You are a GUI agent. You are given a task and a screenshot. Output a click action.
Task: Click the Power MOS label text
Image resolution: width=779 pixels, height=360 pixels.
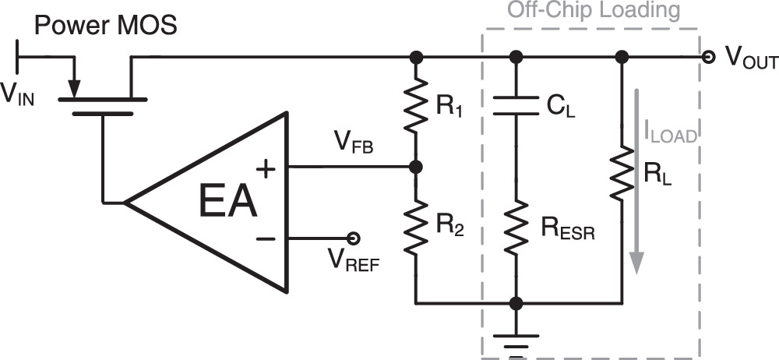click(x=106, y=26)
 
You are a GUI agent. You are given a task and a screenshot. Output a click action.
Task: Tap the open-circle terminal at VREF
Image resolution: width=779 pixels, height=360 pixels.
click(x=353, y=238)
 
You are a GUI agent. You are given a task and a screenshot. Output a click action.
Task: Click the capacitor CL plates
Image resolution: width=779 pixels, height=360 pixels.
click(x=515, y=105)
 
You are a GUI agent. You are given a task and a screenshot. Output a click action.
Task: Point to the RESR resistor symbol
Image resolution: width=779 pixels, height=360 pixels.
click(x=515, y=226)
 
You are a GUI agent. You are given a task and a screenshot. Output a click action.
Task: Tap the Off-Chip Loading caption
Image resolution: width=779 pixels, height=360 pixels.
click(x=594, y=11)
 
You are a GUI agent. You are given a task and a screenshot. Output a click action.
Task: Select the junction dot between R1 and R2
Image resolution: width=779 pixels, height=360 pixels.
click(x=416, y=167)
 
